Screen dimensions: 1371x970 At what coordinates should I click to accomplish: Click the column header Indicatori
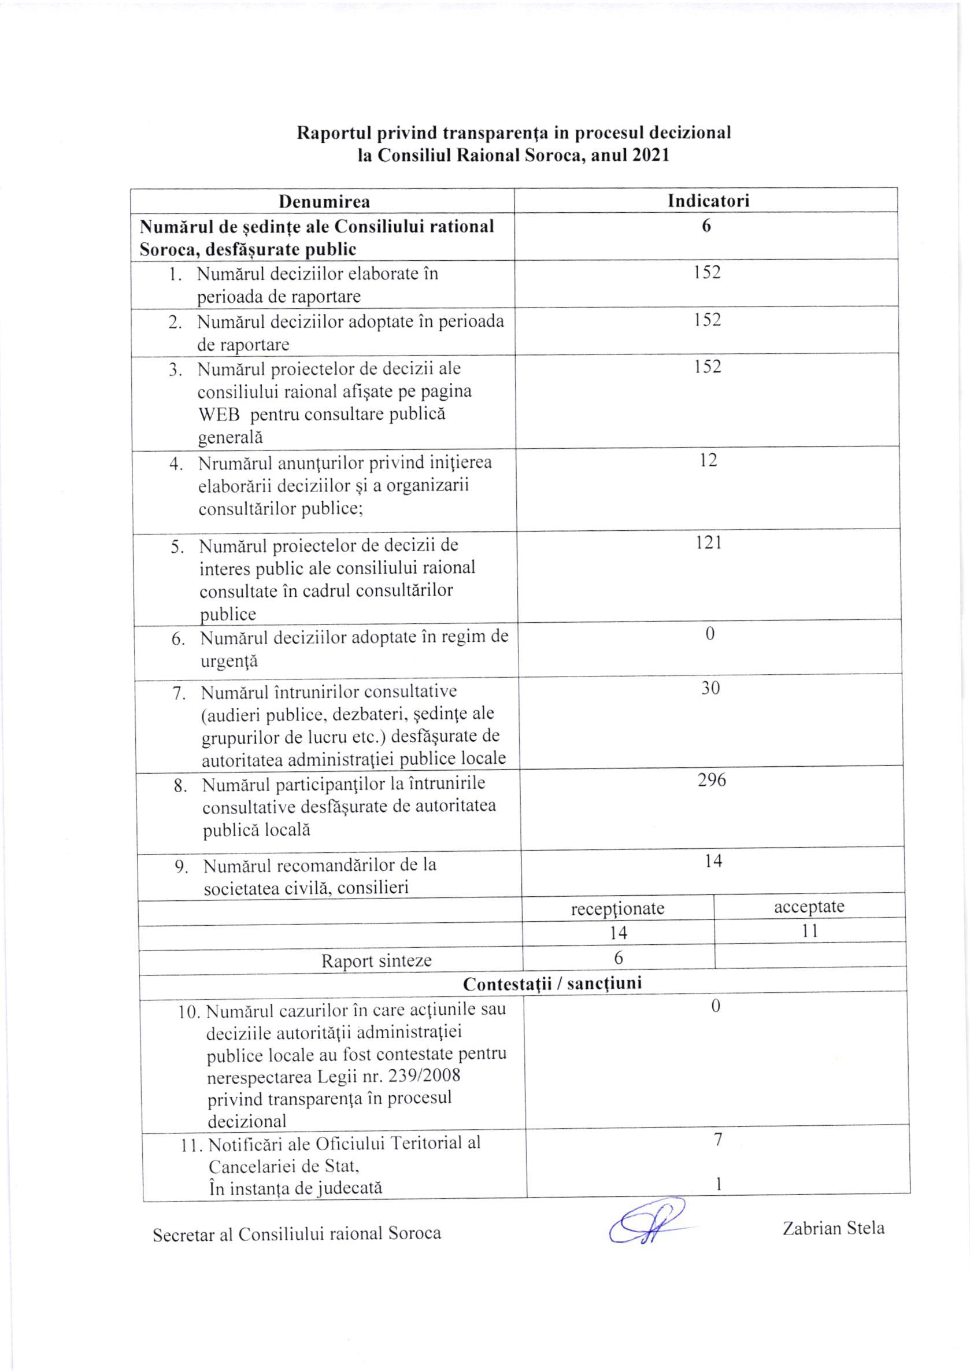[x=708, y=200]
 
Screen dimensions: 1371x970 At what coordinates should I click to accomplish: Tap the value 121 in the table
[x=708, y=542]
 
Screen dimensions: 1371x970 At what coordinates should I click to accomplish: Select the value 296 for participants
[x=712, y=780]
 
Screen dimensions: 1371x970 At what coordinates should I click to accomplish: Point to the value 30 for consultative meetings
[x=710, y=688]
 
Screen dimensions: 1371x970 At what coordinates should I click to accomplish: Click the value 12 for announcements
[x=708, y=460]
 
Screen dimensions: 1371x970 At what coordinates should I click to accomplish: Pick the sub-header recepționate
[x=617, y=908]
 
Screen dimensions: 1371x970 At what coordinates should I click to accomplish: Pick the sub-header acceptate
[x=809, y=907]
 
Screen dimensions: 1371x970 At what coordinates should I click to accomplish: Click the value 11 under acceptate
[x=809, y=931]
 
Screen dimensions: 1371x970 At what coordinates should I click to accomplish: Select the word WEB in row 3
[x=218, y=415]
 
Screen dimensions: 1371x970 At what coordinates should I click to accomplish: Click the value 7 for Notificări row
[x=718, y=1140]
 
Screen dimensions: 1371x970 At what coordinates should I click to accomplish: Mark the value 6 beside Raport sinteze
[x=618, y=958]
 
